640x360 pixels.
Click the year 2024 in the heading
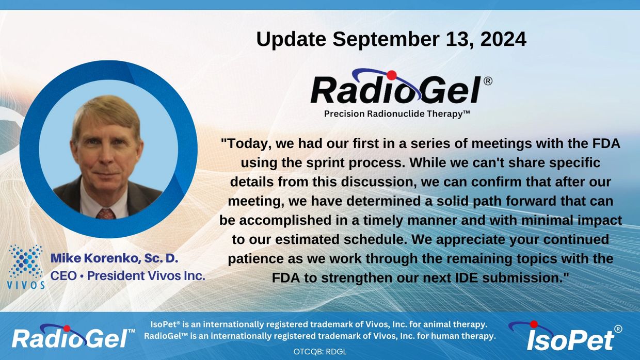coord(503,39)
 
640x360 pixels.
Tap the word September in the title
coord(386,40)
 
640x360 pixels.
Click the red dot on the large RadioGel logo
coord(392,75)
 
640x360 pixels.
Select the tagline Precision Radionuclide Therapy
coord(397,114)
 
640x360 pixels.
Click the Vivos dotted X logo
coord(26,267)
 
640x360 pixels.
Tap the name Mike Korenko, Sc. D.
coord(114,258)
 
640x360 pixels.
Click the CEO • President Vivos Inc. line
coord(127,276)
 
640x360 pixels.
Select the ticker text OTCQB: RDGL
coord(320,352)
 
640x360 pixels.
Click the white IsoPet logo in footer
coord(565,336)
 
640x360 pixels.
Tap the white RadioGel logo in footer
coord(73,336)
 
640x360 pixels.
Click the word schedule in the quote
coord(375,239)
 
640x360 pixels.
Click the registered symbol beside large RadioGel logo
coord(488,81)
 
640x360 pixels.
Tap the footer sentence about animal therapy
coord(319,324)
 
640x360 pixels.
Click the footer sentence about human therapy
coord(319,336)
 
